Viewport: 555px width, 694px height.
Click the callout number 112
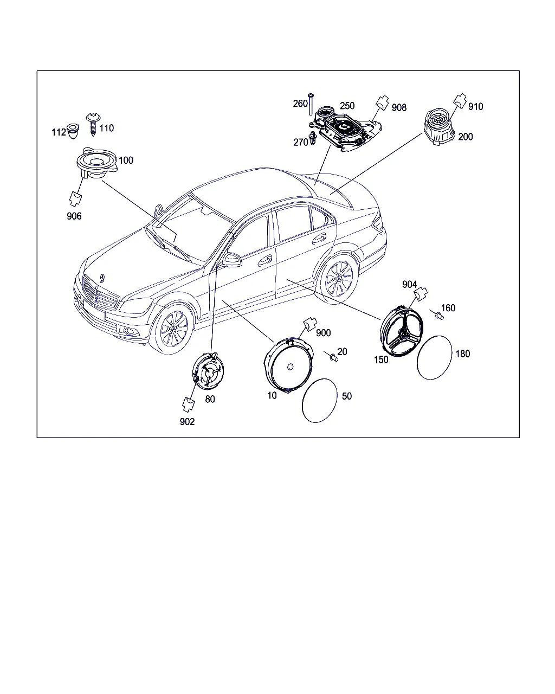click(x=59, y=132)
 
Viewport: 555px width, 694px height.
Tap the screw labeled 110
click(x=93, y=124)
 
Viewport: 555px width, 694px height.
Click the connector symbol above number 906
click(x=76, y=198)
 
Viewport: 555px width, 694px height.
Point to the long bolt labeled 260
click(x=311, y=104)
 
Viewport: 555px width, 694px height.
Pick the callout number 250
click(x=347, y=106)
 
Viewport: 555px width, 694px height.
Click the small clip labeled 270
click(x=313, y=138)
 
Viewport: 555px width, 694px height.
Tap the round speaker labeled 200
click(x=439, y=127)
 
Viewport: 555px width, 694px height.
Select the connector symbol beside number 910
click(x=460, y=101)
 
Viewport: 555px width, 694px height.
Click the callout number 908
click(x=399, y=108)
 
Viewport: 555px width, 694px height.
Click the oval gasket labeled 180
click(x=434, y=358)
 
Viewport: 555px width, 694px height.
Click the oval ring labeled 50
click(x=320, y=401)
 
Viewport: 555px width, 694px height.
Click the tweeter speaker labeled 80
click(x=208, y=371)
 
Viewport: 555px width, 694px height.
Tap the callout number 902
click(x=187, y=421)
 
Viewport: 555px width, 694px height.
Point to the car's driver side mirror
click(x=232, y=260)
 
